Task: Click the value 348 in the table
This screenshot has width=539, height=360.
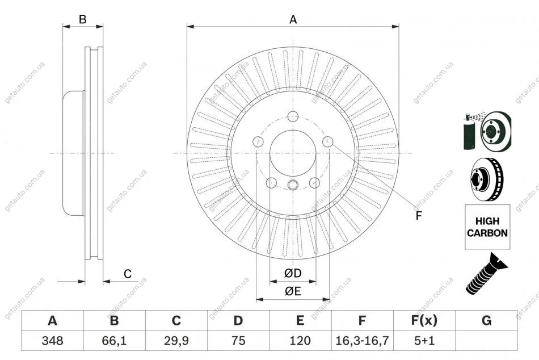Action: point(52,341)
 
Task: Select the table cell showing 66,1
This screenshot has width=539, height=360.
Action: point(114,341)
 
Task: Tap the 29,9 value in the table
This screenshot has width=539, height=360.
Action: point(176,341)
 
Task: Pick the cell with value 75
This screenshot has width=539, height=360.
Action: point(238,341)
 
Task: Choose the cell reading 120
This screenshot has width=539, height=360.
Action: point(300,341)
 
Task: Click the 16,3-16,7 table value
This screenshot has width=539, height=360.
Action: point(362,341)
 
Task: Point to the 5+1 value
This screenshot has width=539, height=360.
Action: point(424,341)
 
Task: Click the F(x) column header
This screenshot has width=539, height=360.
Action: point(424,321)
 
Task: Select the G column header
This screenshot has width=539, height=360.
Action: point(486,321)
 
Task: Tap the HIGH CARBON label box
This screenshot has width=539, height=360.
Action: point(487,227)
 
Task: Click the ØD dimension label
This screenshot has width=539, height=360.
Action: point(293,274)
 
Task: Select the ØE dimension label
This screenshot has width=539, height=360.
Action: point(293,291)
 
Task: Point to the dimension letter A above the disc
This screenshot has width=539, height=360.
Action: point(293,19)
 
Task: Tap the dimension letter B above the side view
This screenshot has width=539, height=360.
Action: point(82,19)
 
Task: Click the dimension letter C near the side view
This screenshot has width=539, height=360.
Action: point(128,274)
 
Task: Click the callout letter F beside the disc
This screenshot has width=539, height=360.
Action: point(419,215)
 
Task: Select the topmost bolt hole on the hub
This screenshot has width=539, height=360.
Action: point(293,117)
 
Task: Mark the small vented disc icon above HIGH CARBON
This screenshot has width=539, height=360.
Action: point(487,177)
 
